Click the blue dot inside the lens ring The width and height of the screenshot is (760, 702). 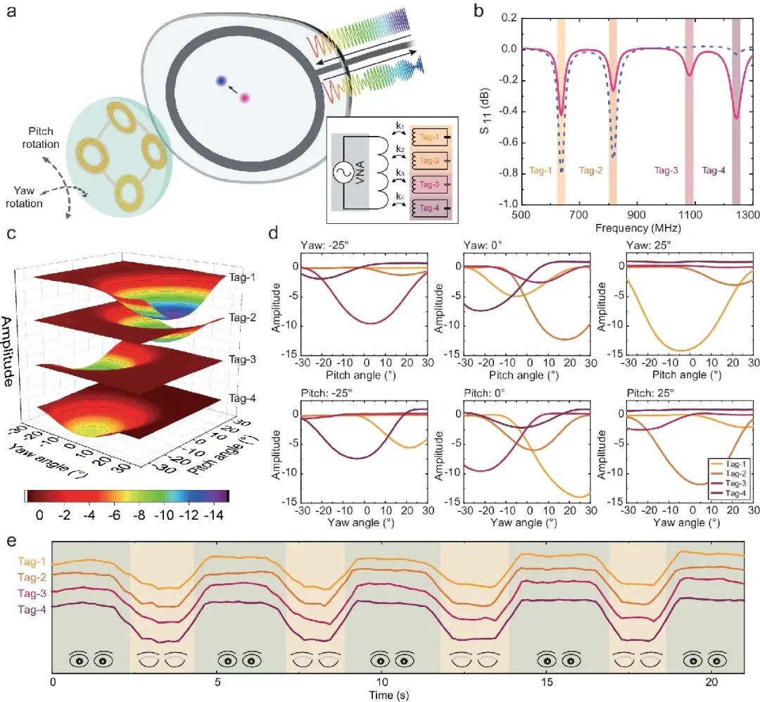221,82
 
